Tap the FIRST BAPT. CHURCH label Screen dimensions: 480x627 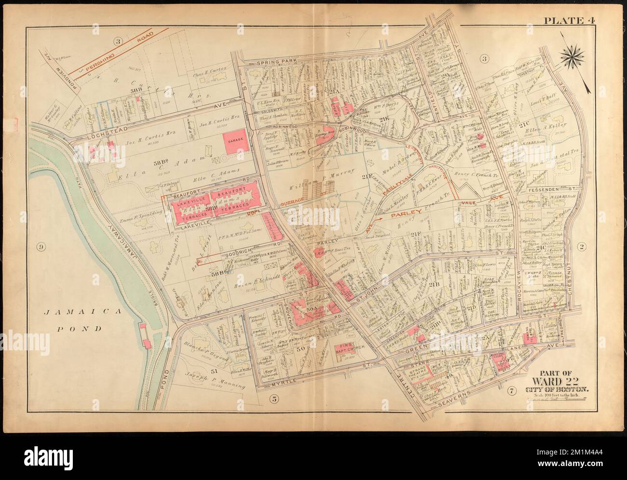point(348,350)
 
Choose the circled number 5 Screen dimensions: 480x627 point(273,398)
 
